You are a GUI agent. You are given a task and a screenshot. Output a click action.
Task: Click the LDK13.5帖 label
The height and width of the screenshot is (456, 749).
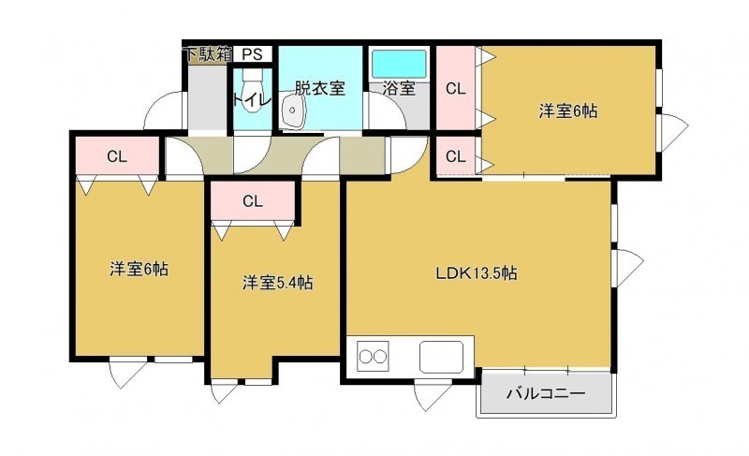(477, 273)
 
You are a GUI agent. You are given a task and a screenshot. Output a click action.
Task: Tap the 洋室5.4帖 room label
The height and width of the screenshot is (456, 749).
(277, 283)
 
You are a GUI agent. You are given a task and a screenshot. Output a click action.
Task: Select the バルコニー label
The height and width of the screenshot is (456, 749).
(546, 394)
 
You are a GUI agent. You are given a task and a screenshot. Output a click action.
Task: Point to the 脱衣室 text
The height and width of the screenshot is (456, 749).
(319, 88)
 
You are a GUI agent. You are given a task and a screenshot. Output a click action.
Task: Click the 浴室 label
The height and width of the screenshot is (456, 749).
(399, 88)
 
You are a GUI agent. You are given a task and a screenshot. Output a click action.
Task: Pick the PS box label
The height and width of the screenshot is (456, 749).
(252, 54)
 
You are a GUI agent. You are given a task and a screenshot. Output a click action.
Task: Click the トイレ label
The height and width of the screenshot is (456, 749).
(252, 100)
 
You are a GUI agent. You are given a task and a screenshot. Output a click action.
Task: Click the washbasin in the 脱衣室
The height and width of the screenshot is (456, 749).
(292, 110)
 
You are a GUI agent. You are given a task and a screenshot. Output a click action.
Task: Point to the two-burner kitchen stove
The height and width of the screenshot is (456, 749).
(373, 357)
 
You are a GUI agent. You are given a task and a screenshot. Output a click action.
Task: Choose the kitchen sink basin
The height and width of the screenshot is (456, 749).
(441, 357)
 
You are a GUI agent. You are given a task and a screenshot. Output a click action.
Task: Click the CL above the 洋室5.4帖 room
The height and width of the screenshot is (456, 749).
(252, 201)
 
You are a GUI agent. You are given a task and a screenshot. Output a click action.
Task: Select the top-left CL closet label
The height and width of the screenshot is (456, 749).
(116, 156)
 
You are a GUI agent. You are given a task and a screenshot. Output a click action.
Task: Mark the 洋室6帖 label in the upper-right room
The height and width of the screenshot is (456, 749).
(568, 110)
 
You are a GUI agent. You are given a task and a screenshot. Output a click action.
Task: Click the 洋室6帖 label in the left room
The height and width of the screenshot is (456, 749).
(139, 269)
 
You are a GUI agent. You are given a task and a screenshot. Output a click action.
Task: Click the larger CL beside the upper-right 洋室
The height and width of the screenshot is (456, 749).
(455, 88)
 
